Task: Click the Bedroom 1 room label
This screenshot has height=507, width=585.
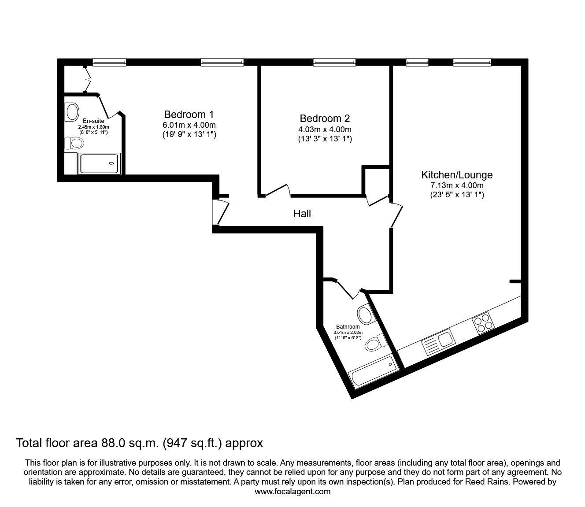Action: pyautogui.click(x=189, y=115)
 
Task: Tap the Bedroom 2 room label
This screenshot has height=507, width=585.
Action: pyautogui.click(x=325, y=118)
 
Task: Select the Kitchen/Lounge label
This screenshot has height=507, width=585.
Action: pyautogui.click(x=457, y=175)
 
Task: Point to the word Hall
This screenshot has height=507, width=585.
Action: pyautogui.click(x=302, y=214)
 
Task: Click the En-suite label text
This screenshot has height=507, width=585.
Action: pyautogui.click(x=93, y=121)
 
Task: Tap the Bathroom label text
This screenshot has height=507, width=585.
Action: pyautogui.click(x=348, y=327)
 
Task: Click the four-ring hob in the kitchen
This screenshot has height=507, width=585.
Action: pyautogui.click(x=483, y=323)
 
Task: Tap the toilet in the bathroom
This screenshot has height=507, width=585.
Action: pyautogui.click(x=375, y=343)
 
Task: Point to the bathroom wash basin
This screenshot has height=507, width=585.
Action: pyautogui.click(x=366, y=314)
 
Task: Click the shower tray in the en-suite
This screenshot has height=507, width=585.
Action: pyautogui.click(x=99, y=163)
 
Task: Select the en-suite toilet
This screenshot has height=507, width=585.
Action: pyautogui.click(x=74, y=143)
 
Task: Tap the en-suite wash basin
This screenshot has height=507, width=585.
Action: pyautogui.click(x=72, y=111)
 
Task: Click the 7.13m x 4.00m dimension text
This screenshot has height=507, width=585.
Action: pyautogui.click(x=457, y=186)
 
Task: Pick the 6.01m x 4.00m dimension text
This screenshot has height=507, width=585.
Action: pyautogui.click(x=189, y=125)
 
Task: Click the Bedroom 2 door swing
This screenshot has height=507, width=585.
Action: pyautogui.click(x=278, y=190)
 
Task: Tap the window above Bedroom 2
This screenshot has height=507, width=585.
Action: pyautogui.click(x=334, y=62)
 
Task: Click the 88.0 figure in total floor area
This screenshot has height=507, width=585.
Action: pyautogui.click(x=111, y=443)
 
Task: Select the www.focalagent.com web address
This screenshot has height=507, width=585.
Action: pyautogui.click(x=292, y=492)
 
